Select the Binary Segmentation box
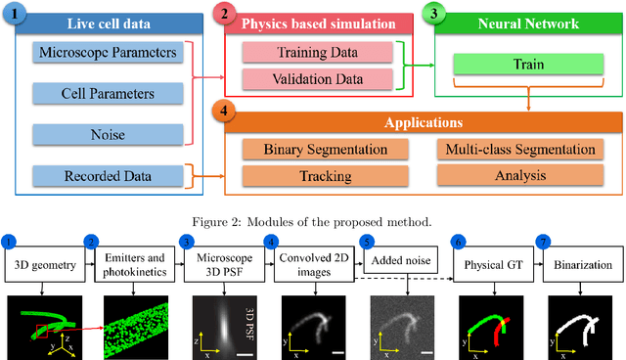point(326,150)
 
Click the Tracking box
point(326,176)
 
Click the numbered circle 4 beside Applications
point(226,111)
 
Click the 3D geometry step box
point(42,263)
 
